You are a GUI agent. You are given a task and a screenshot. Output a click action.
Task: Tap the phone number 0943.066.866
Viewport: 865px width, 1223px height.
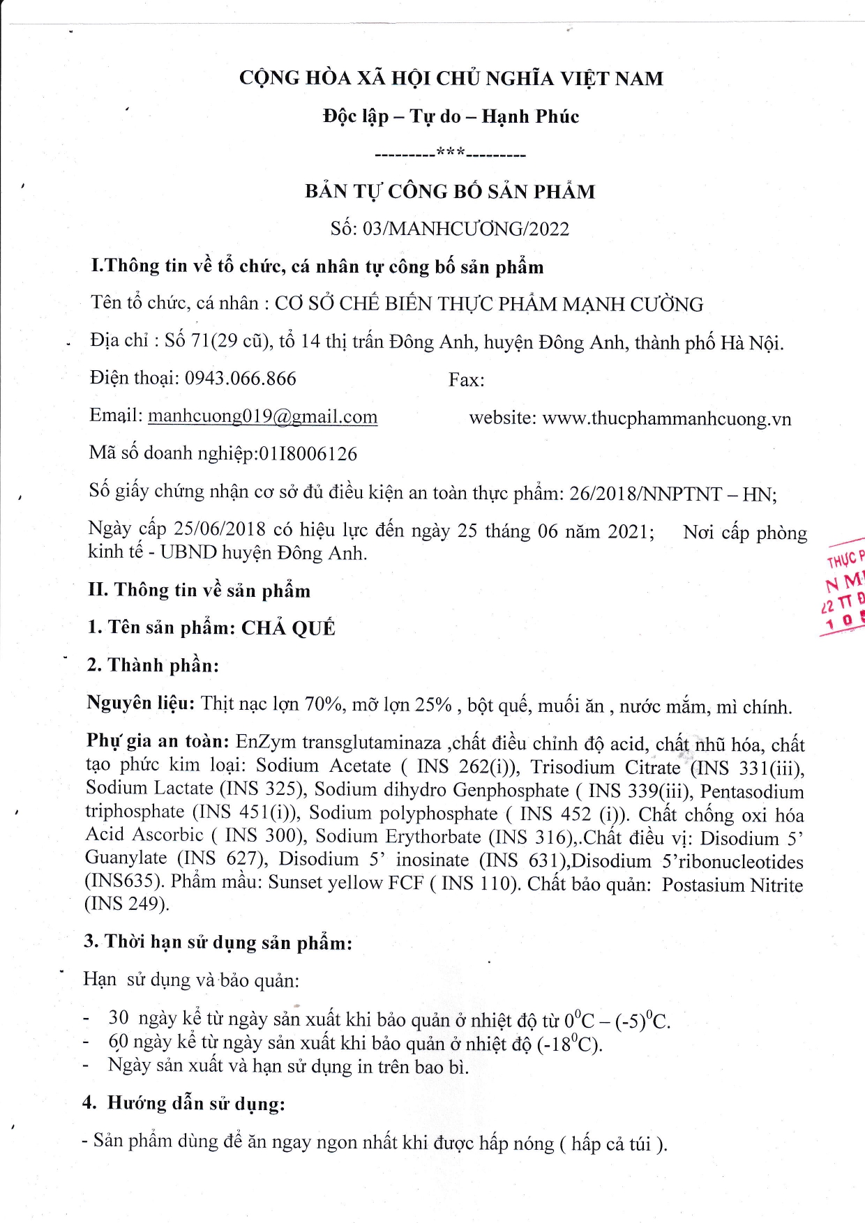[x=240, y=379]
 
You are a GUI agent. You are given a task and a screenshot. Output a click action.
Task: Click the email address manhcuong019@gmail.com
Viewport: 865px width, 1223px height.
[x=262, y=416]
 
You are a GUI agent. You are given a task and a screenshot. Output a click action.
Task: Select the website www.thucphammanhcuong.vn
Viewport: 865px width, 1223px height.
[x=666, y=418]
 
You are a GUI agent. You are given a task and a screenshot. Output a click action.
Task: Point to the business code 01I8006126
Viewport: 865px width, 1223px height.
[x=308, y=454]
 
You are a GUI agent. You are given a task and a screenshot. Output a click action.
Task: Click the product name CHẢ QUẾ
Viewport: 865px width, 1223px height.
[x=288, y=628]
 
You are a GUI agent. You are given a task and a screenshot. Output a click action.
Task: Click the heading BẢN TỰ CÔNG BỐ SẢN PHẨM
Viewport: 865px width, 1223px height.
[x=450, y=192]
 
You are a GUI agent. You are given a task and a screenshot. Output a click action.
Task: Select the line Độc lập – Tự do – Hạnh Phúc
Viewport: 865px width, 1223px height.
[x=451, y=116]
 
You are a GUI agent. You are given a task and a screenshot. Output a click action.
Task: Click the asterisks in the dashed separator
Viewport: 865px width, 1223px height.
[x=451, y=152]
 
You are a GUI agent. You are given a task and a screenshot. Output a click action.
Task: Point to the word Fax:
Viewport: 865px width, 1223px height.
[x=466, y=380]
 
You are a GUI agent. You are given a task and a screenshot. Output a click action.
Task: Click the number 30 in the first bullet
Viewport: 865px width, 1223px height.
[x=119, y=1018]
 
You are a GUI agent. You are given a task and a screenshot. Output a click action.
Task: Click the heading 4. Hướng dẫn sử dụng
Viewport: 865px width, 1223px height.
[x=184, y=1103]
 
